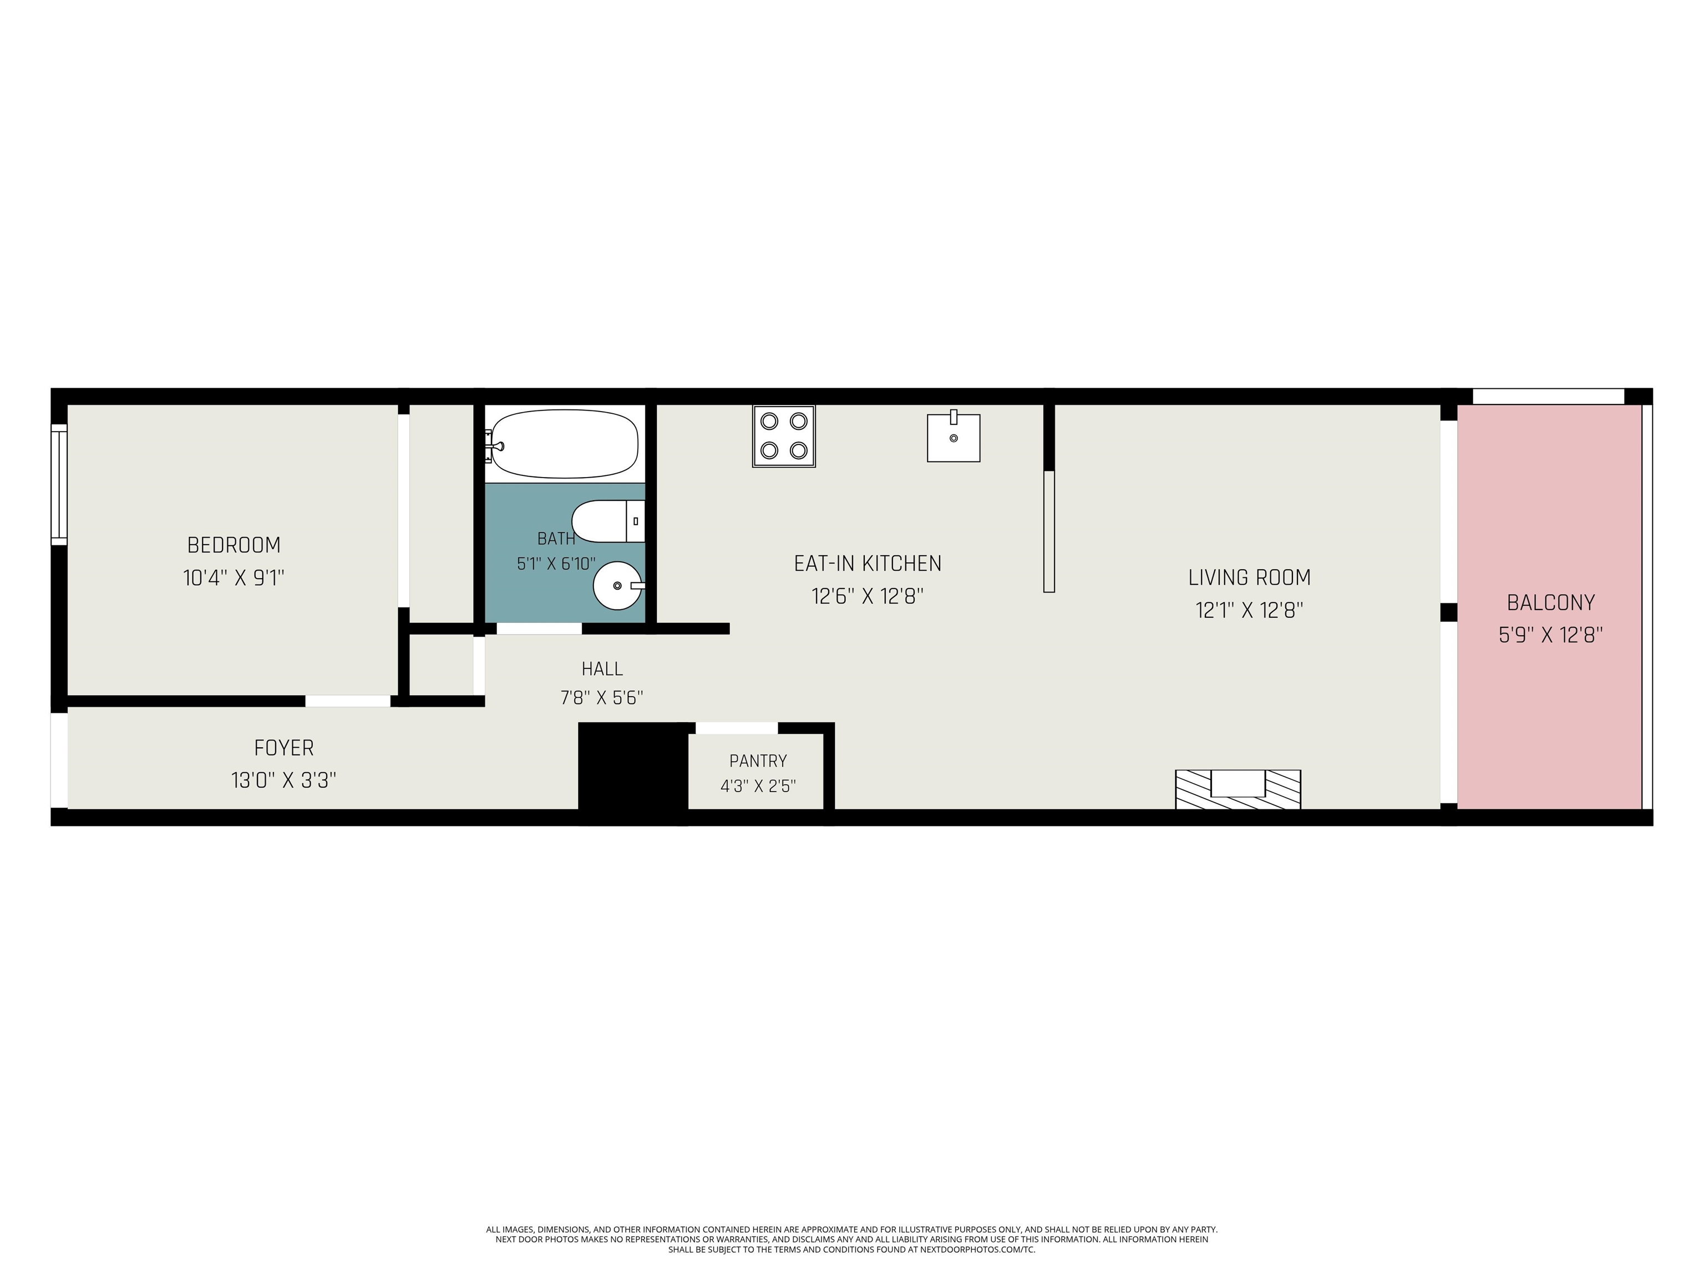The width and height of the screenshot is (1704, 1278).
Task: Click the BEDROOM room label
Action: (x=234, y=545)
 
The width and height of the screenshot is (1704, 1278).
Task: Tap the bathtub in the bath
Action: (x=564, y=444)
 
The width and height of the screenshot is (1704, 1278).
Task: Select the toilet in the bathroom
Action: (x=608, y=521)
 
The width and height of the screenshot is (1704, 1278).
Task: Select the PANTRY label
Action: (x=758, y=761)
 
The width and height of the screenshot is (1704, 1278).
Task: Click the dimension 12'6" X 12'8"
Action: (x=868, y=596)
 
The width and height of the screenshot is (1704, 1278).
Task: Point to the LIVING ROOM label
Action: (x=1250, y=578)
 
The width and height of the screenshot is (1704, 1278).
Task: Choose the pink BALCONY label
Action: (x=1551, y=602)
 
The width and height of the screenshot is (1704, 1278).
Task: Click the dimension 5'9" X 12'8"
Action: (x=1551, y=636)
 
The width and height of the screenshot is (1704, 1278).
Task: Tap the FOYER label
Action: (x=284, y=748)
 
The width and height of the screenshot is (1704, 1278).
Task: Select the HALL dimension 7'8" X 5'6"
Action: (x=602, y=698)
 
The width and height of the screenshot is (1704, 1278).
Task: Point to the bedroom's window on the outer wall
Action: (x=59, y=485)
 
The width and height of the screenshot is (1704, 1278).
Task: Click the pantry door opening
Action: (x=737, y=728)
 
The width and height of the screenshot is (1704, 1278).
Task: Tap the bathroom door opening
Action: (x=539, y=628)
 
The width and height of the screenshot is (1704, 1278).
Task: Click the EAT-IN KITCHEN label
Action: (x=868, y=564)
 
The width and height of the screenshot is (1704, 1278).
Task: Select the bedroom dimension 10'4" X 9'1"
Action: (x=234, y=578)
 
